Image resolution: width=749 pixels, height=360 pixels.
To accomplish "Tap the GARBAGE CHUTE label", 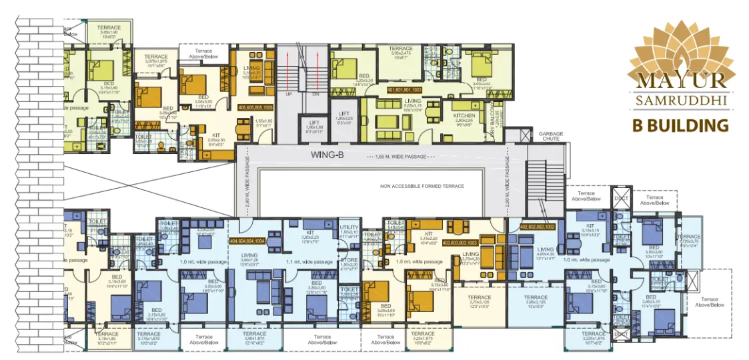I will pyautogui.click(x=551, y=137).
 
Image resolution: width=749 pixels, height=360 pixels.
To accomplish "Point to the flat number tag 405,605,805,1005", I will pyautogui.click(x=255, y=107).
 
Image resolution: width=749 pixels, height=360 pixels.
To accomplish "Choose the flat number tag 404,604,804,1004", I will pyautogui.click(x=247, y=241).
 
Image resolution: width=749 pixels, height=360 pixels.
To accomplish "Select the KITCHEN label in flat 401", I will pyautogui.click(x=464, y=106).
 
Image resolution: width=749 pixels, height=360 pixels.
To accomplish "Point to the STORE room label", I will pyautogui.click(x=349, y=259).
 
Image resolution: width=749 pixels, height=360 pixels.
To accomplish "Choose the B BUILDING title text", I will pyautogui.click(x=680, y=125).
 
